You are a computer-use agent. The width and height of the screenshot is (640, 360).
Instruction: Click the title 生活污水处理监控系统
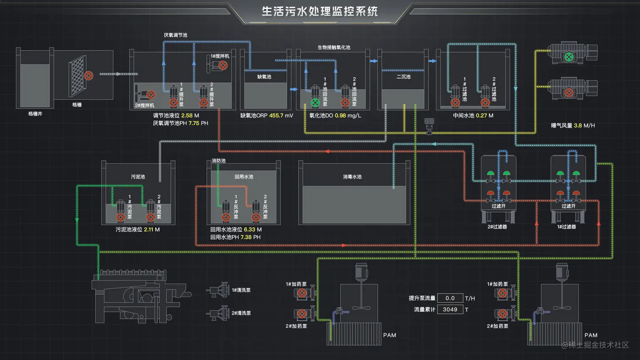[x=320, y=11]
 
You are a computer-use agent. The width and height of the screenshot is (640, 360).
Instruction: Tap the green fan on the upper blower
[x=569, y=57]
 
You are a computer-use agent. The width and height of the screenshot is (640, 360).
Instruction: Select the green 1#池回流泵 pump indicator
[x=315, y=102]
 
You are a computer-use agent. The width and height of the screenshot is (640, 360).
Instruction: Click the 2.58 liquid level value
[x=187, y=115]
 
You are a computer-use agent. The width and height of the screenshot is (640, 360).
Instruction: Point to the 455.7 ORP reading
[x=276, y=115]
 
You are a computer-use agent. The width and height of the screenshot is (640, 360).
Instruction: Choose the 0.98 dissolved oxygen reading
[x=340, y=115]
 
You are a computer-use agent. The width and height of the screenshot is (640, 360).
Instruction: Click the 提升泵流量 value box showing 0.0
[x=450, y=298]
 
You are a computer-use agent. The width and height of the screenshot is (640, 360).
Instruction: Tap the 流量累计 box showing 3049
[x=450, y=310]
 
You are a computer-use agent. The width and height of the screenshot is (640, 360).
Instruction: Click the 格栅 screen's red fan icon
[x=88, y=76]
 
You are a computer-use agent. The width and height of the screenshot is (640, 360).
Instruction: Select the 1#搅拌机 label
[x=220, y=56]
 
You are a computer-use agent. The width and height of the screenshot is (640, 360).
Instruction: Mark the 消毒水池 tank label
[x=352, y=177]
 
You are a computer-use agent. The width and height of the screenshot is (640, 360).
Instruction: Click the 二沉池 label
[x=403, y=77]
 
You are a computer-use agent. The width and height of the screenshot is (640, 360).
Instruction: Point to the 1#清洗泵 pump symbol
[x=218, y=290]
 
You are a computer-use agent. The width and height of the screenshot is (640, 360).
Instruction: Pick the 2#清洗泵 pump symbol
[x=218, y=313]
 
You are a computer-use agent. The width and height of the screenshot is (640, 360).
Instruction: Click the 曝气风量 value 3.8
[x=578, y=126]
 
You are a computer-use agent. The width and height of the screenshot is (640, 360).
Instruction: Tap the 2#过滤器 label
[x=497, y=227]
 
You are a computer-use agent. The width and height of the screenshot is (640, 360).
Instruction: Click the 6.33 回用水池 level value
[x=249, y=230]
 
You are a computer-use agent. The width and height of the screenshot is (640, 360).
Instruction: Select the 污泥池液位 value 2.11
[x=149, y=230]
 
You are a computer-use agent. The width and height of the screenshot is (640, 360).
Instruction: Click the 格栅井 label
[x=35, y=114]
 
